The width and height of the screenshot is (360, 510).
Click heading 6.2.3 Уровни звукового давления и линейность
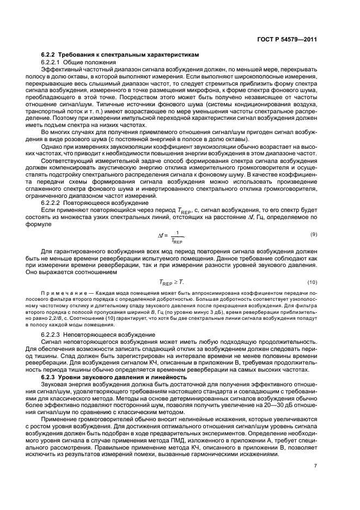114,377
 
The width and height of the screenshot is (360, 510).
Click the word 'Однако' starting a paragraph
53,148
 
